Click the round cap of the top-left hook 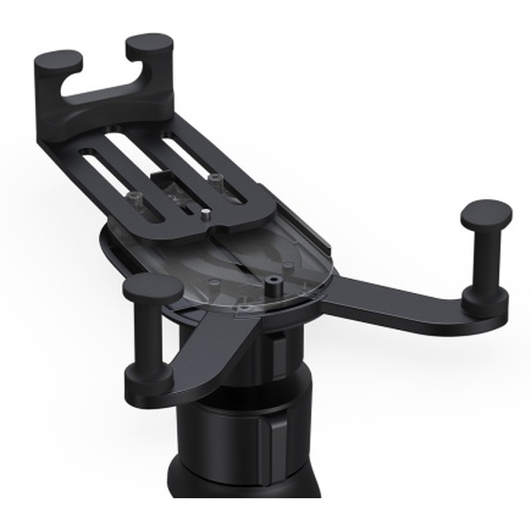pyautogui.click(x=58, y=61)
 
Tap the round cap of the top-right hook pyautogui.click(x=149, y=44)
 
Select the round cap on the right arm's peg pyautogui.click(x=487, y=213)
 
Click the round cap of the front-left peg pyautogui.click(x=152, y=287)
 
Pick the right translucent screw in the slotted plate pyautogui.click(x=214, y=180)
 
